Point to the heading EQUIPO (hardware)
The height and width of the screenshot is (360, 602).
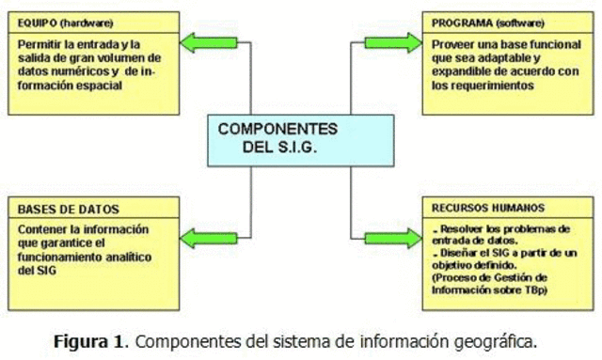click(x=59, y=22)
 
